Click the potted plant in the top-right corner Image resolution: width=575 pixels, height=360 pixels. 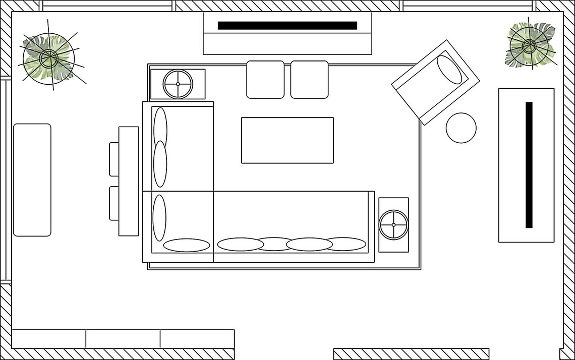point(530,46)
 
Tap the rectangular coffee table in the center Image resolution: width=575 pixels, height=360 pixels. point(287,140)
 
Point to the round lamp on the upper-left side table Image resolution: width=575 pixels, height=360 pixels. point(178,84)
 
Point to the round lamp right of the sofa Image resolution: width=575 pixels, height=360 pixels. point(393,224)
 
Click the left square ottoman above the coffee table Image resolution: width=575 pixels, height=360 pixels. point(265,79)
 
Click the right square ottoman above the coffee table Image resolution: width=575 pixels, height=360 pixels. point(309,79)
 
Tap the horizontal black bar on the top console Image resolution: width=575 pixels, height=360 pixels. point(287,26)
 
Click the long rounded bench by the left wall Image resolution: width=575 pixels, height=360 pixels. point(32,179)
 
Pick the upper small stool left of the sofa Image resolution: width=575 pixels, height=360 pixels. point(114,159)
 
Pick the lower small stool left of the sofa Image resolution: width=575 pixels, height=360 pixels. point(114,203)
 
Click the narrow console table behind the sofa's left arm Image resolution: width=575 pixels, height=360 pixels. point(129,181)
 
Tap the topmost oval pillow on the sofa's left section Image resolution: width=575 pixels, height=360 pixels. point(160,126)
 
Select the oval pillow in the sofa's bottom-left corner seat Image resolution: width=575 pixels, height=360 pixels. point(187,245)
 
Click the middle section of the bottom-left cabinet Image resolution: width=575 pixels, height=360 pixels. point(123,338)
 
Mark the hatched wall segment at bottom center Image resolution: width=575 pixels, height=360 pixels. point(411,353)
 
